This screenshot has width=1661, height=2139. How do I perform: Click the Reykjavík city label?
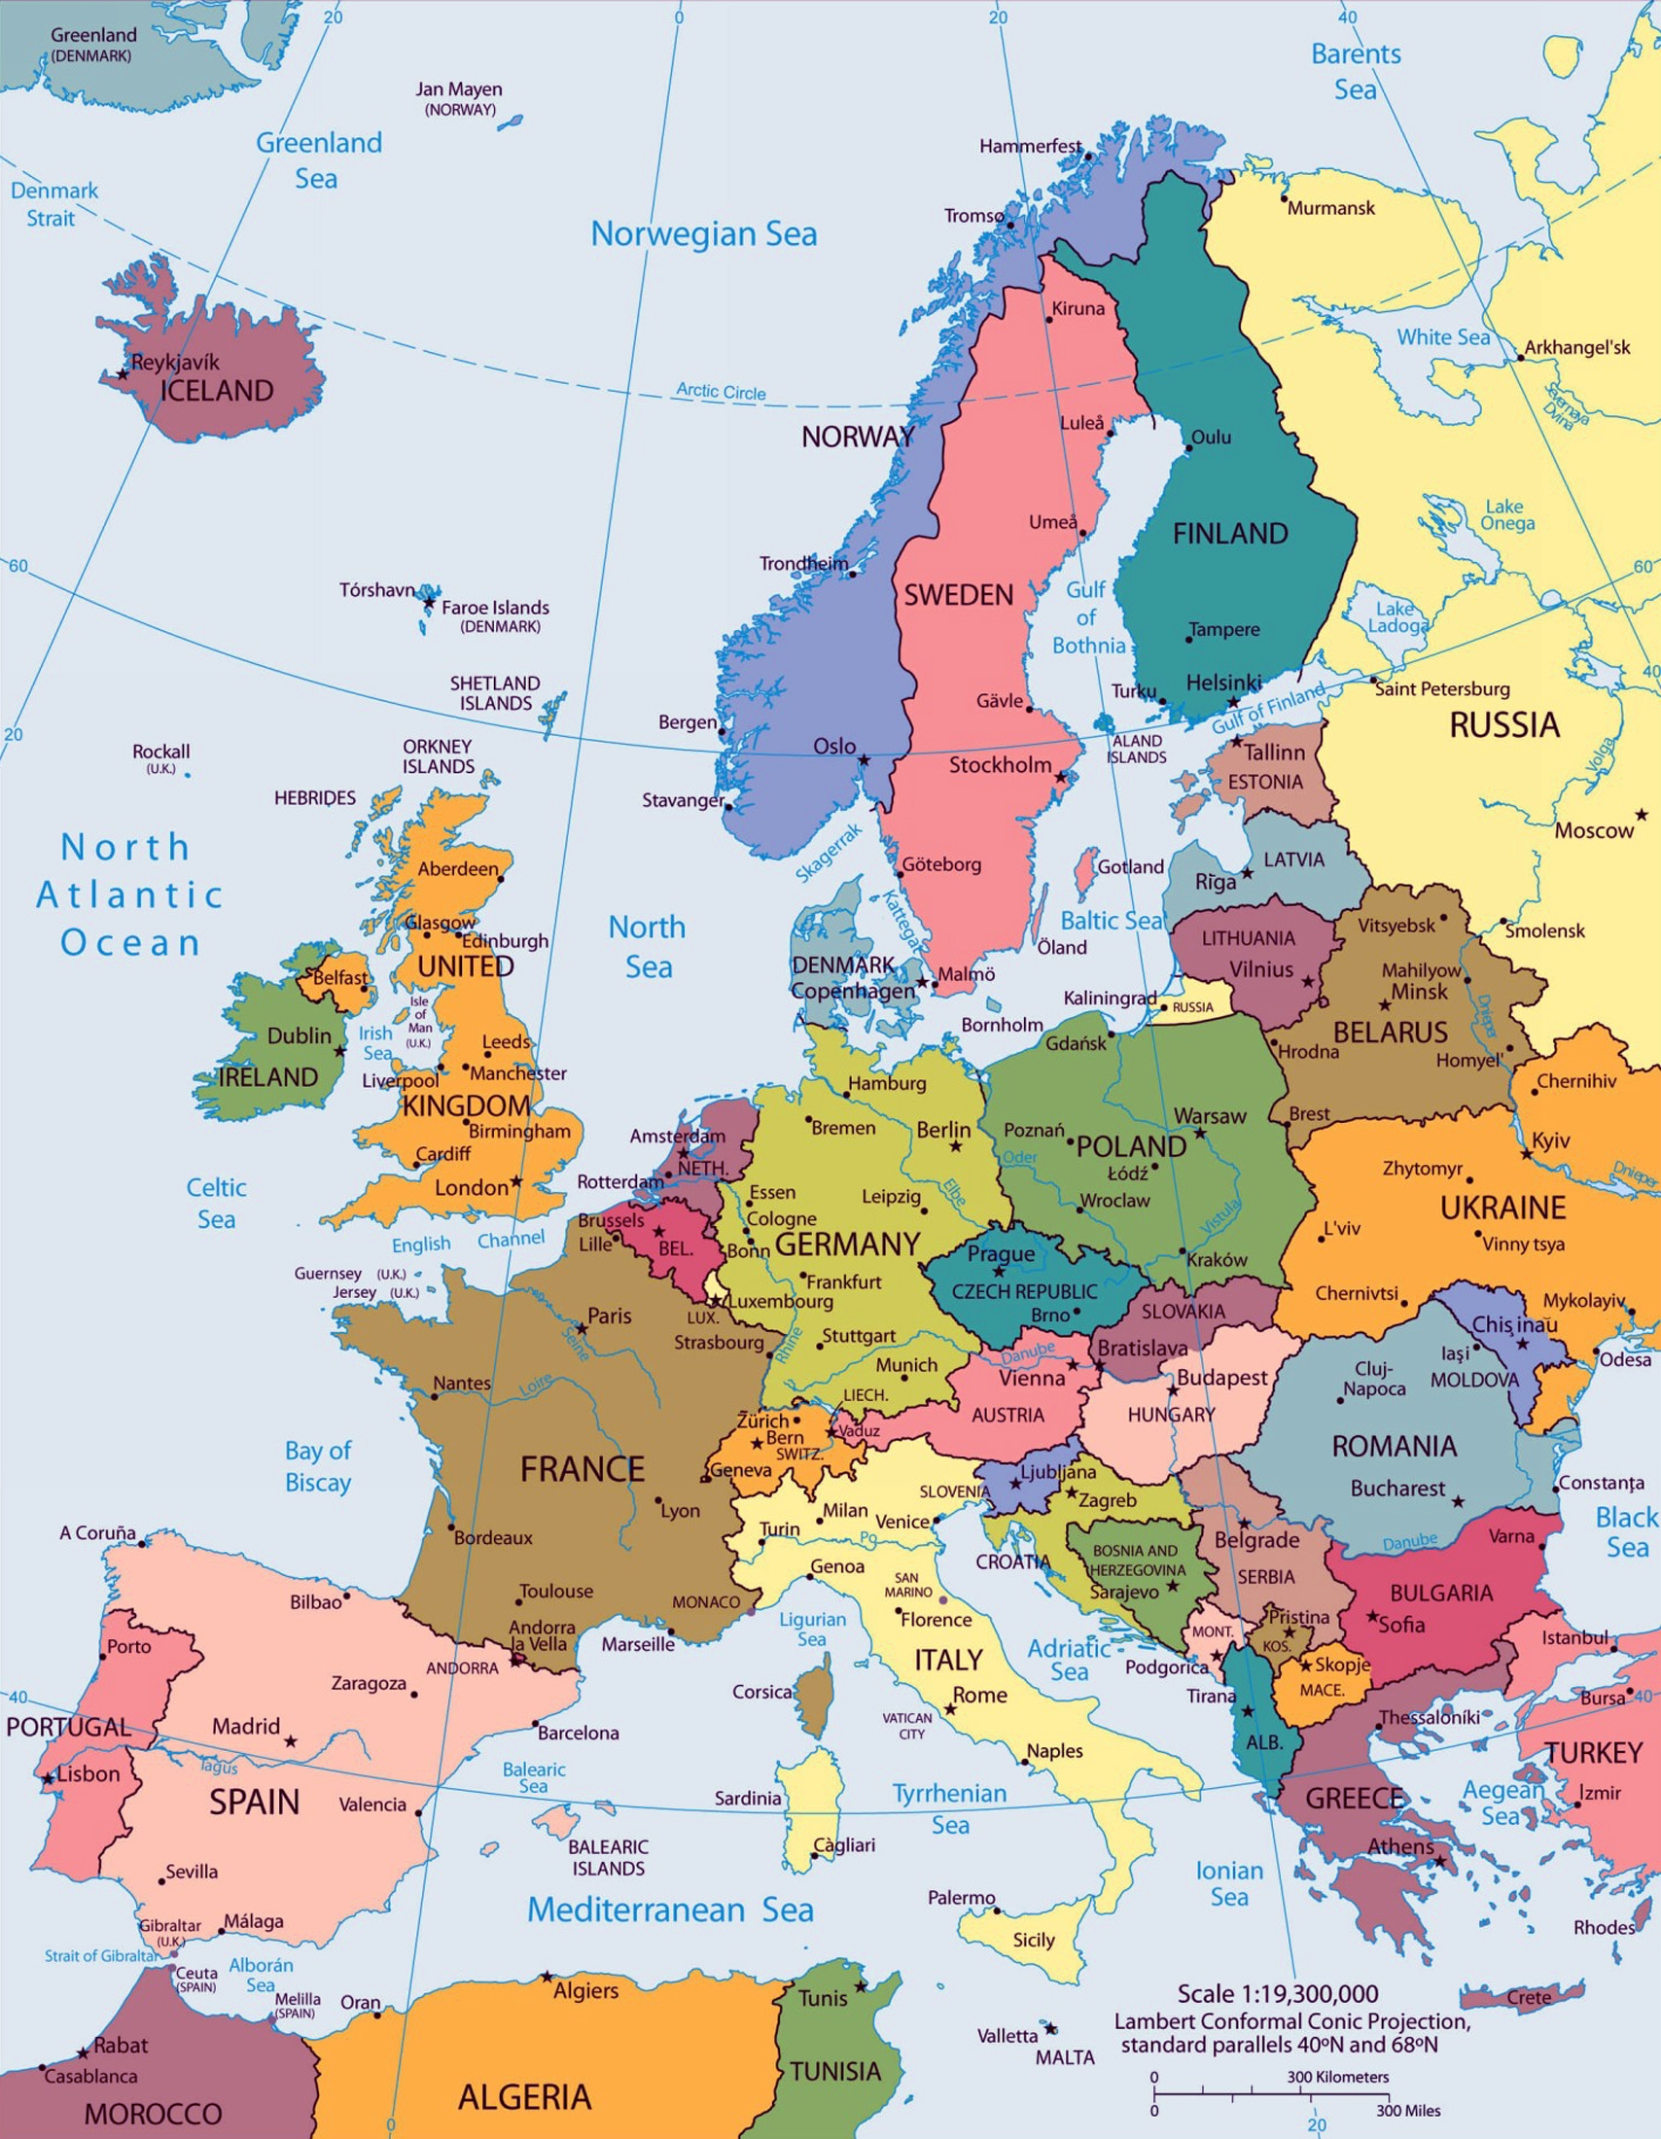tap(175, 362)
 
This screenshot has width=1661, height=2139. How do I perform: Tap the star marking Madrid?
tap(291, 1740)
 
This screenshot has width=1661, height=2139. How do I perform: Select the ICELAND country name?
tap(217, 391)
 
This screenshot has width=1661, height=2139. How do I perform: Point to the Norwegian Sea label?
tap(703, 234)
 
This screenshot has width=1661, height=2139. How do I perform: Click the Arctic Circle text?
tap(721, 392)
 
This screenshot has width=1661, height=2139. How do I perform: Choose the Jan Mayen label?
tap(458, 90)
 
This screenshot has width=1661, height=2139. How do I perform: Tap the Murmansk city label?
tap(1331, 208)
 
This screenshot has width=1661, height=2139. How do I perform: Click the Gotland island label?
tap(1130, 866)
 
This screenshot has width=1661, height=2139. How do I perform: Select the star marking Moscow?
tap(1641, 815)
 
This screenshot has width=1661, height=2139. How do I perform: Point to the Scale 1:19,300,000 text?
tap(1277, 1993)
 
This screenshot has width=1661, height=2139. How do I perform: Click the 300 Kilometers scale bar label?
tap(1337, 2077)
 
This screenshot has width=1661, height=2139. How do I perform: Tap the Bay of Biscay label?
tap(317, 1466)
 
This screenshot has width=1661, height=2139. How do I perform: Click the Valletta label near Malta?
tap(1007, 2035)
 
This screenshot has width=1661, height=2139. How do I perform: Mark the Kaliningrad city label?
tap(1110, 998)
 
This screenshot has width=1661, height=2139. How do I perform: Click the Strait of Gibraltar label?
tap(101, 1956)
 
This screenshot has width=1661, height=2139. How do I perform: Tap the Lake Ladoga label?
tap(1396, 617)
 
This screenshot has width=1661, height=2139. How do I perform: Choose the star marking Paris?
tap(581, 1329)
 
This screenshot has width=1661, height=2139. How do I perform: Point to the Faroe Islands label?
tap(495, 608)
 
